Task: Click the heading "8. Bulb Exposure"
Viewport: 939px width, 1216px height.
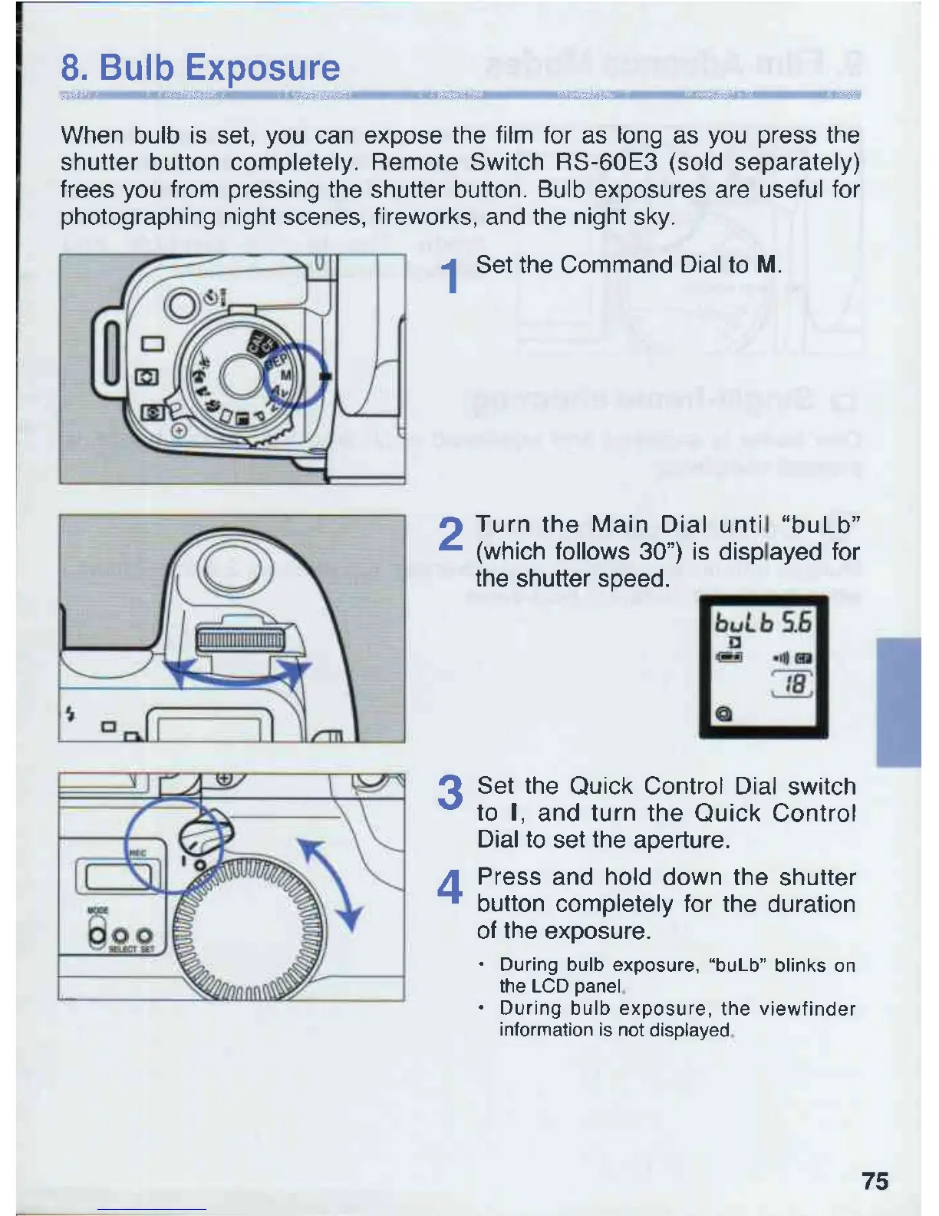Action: point(200,68)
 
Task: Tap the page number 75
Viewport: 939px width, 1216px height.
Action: point(875,1180)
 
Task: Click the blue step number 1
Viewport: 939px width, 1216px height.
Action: point(453,276)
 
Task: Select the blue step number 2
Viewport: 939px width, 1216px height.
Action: point(450,534)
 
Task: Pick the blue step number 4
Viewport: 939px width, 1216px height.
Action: point(450,887)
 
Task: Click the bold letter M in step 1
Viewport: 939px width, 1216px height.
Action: point(766,265)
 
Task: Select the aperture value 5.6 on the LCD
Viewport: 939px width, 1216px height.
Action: point(796,621)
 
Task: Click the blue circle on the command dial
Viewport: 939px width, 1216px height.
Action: point(295,375)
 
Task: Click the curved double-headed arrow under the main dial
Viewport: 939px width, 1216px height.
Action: point(239,675)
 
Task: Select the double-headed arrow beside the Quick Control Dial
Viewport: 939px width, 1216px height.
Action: point(331,883)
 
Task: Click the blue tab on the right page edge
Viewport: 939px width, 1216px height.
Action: point(898,702)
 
